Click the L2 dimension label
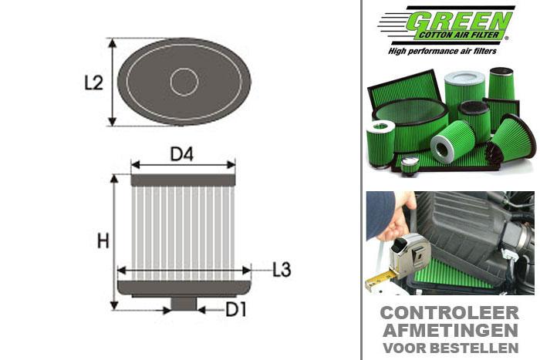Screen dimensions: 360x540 tap(93, 82)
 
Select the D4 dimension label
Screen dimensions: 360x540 tap(181, 153)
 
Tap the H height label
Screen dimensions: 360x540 tap(103, 241)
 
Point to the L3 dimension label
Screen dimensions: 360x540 tap(282, 270)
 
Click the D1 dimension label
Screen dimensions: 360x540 tap(236, 310)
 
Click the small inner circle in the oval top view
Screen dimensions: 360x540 tap(184, 82)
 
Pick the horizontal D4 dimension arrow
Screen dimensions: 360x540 tap(183, 164)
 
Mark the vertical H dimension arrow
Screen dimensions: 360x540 tap(115, 242)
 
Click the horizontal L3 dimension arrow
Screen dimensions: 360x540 tap(184, 270)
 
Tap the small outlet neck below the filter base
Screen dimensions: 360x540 tap(184, 304)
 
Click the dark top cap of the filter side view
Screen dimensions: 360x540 tap(183, 180)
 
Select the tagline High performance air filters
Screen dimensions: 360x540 tap(447, 50)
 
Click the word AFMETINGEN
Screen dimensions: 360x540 tap(449, 331)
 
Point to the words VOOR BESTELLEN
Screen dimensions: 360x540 tap(449, 346)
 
